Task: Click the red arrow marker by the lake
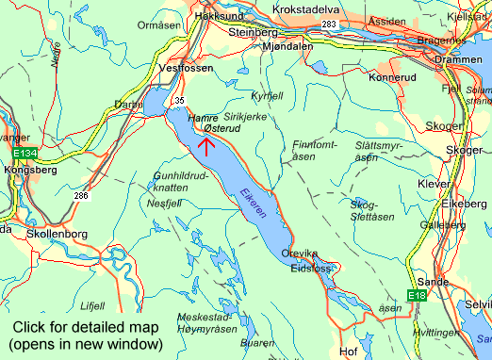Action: (x=206, y=143)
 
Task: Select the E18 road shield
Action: (x=418, y=296)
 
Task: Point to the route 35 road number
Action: (x=180, y=100)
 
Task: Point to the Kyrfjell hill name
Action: (x=267, y=96)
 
